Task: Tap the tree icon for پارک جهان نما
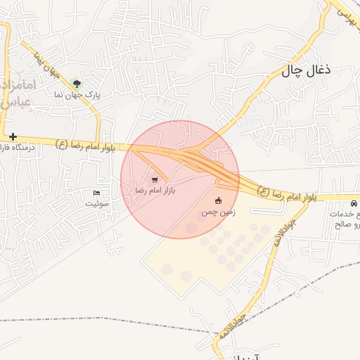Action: click(x=77, y=84)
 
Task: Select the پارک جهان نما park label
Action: click(x=78, y=94)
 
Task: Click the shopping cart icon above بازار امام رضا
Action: click(x=155, y=180)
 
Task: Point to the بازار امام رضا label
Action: click(x=155, y=191)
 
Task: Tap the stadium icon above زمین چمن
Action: click(x=218, y=200)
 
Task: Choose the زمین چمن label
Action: click(x=218, y=211)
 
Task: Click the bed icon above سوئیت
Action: click(x=97, y=193)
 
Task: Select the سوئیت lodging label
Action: click(x=98, y=203)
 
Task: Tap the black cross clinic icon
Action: click(x=13, y=136)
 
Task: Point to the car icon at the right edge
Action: click(x=353, y=203)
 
